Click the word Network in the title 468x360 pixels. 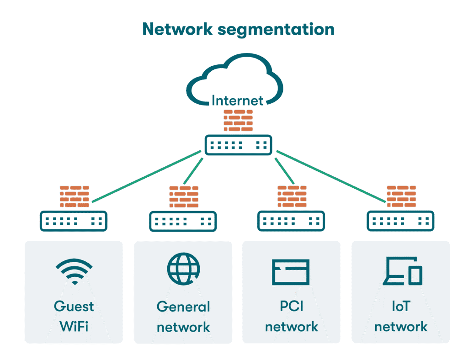click(x=177, y=29)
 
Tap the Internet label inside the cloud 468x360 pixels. click(x=237, y=100)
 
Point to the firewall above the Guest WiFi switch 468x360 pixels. click(x=74, y=196)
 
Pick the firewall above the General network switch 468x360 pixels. click(x=184, y=197)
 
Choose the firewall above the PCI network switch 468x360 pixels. click(x=292, y=197)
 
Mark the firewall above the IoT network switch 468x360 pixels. click(x=401, y=197)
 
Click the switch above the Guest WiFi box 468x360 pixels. click(x=74, y=221)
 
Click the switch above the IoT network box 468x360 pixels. click(x=401, y=221)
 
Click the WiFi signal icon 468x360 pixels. click(x=74, y=271)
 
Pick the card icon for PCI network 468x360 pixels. click(x=291, y=272)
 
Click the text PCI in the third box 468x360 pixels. click(x=292, y=306)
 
